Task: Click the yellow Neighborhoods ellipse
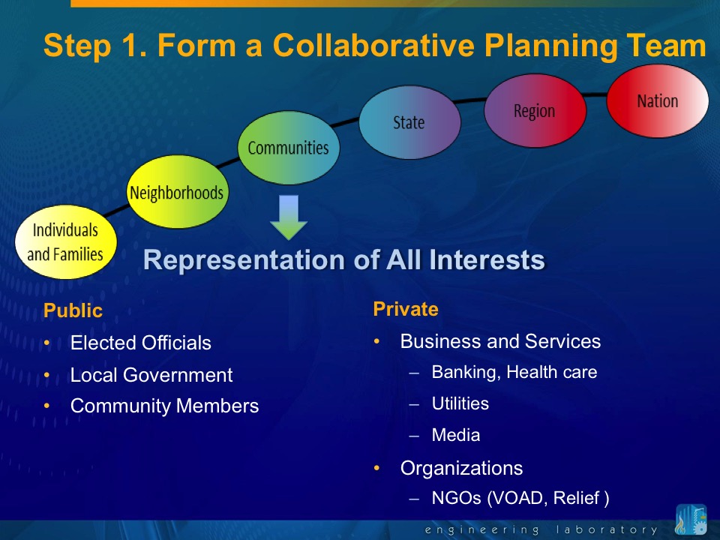[177, 191]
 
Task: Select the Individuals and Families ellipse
[66, 242]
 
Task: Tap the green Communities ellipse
[288, 148]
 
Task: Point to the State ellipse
[409, 122]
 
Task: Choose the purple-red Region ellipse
[535, 111]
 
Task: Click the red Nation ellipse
[658, 101]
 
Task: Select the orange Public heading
[73, 310]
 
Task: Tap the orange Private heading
[406, 309]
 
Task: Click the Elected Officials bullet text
[140, 343]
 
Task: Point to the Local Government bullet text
[151, 375]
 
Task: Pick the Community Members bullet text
[164, 406]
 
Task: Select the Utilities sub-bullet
[460, 403]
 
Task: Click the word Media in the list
[456, 435]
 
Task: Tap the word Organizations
[461, 468]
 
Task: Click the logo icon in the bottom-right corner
[691, 519]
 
